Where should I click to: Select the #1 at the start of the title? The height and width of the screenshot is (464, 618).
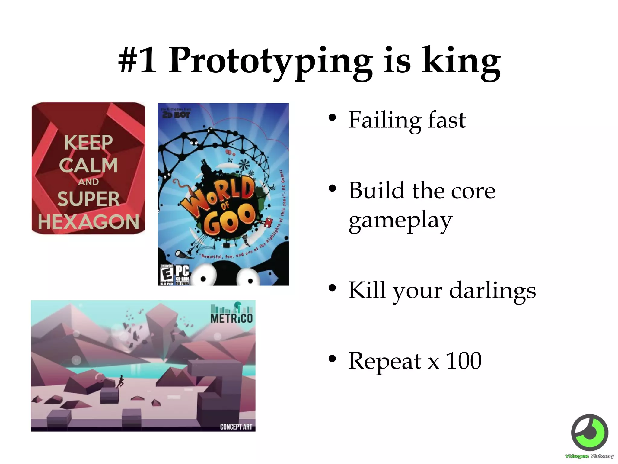click(x=138, y=60)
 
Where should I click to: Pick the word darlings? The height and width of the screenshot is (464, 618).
click(x=492, y=291)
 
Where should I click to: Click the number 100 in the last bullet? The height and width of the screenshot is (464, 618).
click(x=463, y=361)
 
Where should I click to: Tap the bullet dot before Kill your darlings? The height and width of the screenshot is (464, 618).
click(x=332, y=288)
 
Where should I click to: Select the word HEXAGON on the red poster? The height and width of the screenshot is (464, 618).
click(x=88, y=222)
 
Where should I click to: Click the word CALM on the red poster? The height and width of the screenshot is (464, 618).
click(x=88, y=165)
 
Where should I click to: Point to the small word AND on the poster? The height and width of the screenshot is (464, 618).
click(x=88, y=182)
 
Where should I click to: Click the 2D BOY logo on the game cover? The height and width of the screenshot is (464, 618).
click(x=176, y=114)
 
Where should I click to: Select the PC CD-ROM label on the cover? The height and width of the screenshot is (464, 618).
click(x=182, y=274)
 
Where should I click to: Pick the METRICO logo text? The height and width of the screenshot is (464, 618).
click(x=231, y=318)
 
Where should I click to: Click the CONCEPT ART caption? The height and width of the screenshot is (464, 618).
click(x=236, y=427)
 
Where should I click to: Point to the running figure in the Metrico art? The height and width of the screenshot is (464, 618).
click(x=120, y=382)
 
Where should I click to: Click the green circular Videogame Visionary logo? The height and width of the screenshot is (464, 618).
click(x=590, y=433)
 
